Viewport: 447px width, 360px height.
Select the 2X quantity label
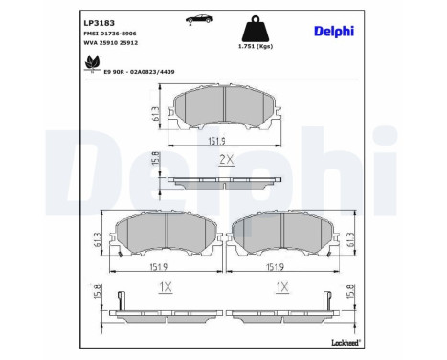(x=225, y=160)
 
